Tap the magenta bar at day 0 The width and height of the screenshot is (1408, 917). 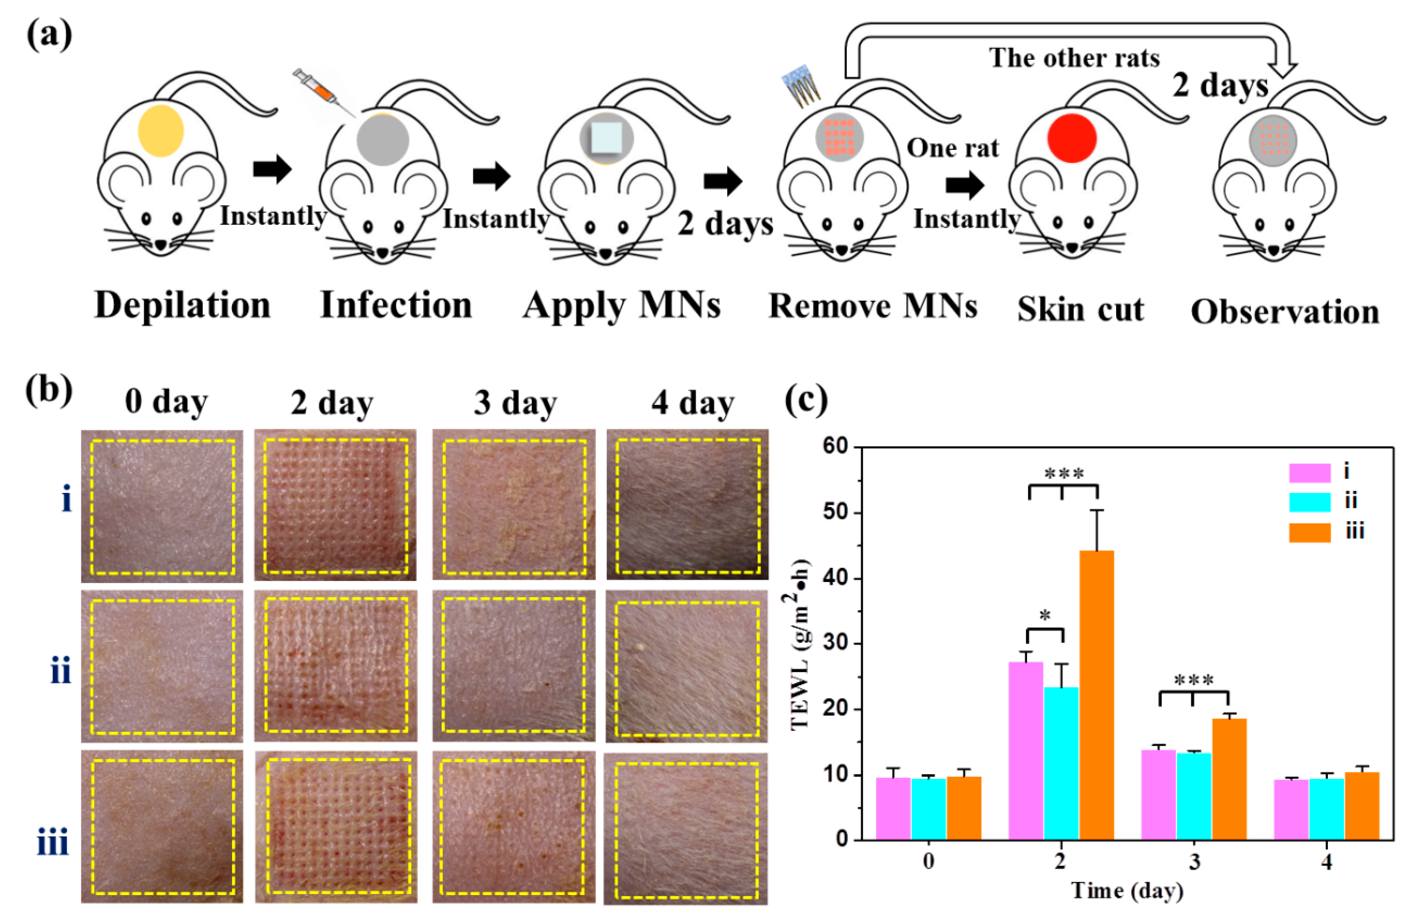pyautogui.click(x=893, y=808)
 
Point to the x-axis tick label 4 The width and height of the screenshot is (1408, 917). pyautogui.click(x=1327, y=862)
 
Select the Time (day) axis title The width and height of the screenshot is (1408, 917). pyautogui.click(x=1127, y=890)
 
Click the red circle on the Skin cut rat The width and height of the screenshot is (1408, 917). pyautogui.click(x=1072, y=138)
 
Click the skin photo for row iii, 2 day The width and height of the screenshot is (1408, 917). pyautogui.click(x=336, y=826)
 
